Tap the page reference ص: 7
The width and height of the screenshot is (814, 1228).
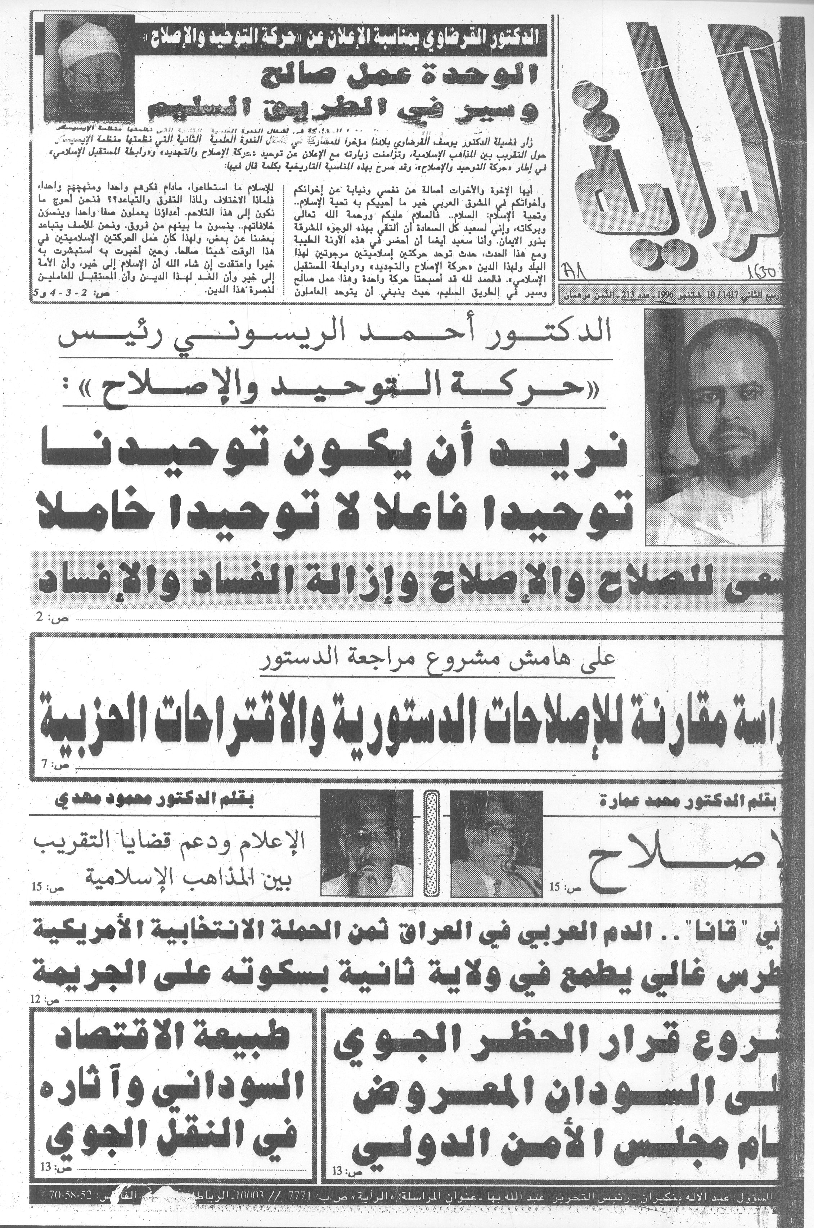point(54,766)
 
